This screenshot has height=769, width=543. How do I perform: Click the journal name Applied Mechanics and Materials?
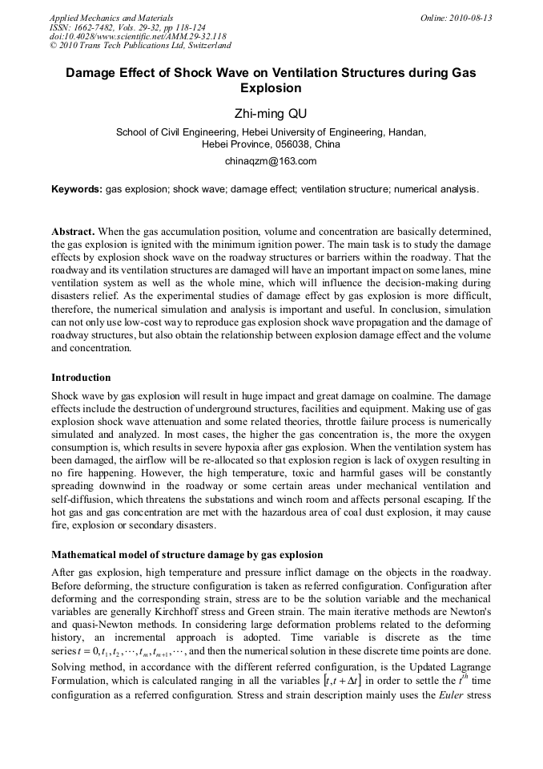pyautogui.click(x=111, y=18)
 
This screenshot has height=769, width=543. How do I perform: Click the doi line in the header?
pyautogui.click(x=137, y=36)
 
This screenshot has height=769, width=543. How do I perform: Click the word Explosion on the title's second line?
pyautogui.click(x=271, y=88)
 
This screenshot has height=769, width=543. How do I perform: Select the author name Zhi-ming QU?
pyautogui.click(x=271, y=113)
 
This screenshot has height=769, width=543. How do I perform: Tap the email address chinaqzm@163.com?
pyautogui.click(x=271, y=160)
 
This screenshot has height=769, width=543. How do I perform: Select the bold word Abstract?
pyautogui.click(x=73, y=231)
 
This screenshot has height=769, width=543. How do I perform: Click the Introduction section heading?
pyautogui.click(x=81, y=377)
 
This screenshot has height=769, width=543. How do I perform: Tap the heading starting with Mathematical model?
pyautogui.click(x=187, y=554)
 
